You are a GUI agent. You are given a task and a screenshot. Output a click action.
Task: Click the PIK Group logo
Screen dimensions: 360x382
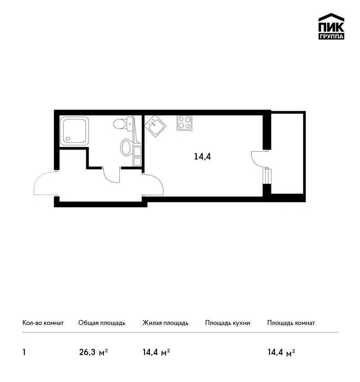tap(331, 27)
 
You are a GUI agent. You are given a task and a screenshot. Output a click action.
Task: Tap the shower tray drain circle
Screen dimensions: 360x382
tap(68, 138)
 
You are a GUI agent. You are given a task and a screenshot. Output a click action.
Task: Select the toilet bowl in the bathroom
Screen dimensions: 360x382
tap(123, 124)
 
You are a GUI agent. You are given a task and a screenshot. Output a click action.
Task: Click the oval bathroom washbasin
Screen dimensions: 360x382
tap(126, 147)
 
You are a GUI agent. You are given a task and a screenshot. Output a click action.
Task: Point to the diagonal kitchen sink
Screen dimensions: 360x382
tap(155, 126)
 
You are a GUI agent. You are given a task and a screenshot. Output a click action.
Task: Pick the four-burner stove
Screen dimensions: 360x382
tap(184, 123)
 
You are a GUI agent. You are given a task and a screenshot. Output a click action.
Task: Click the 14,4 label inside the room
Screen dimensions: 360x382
tap(202, 156)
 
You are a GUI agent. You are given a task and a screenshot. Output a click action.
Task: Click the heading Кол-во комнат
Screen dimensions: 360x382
tap(43, 323)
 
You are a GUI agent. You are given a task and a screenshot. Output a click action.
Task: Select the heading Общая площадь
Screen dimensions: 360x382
tap(102, 323)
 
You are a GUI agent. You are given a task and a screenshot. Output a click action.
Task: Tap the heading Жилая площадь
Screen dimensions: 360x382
tap(165, 323)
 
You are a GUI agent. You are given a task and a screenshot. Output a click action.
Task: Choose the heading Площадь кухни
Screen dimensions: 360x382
tap(228, 323)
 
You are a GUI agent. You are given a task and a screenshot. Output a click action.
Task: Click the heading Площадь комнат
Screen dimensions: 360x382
tap(291, 323)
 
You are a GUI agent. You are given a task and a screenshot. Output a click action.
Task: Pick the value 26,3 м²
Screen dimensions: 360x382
tap(94, 352)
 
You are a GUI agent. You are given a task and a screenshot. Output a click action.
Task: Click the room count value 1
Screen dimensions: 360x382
tap(24, 352)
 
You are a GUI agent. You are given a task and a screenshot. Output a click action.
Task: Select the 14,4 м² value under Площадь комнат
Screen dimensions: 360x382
tap(281, 352)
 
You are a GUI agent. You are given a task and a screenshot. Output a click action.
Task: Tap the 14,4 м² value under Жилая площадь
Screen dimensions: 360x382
tap(156, 352)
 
